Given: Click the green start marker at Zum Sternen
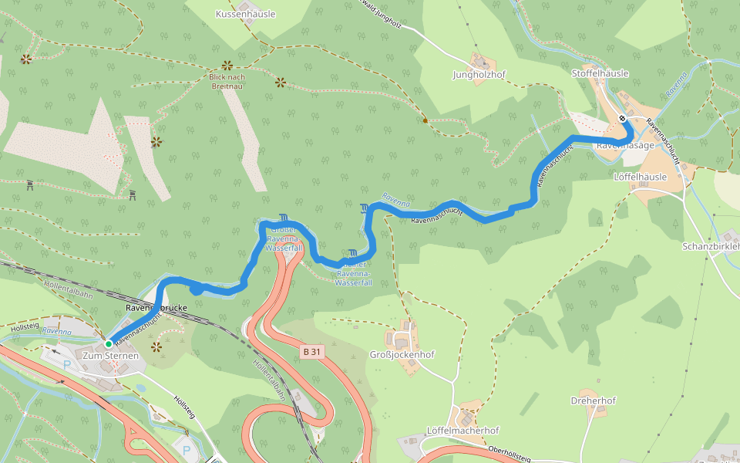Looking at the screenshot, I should [109, 343].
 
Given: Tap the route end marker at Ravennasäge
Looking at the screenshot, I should [622, 118].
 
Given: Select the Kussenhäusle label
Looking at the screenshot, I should [245, 14].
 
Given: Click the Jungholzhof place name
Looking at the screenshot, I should [478, 75].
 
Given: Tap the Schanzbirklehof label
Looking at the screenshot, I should [711, 246].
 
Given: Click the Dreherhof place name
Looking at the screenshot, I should [593, 400].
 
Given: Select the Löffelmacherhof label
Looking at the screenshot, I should [462, 430].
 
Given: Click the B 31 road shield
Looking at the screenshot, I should [311, 352].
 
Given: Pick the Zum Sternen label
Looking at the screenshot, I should [110, 356].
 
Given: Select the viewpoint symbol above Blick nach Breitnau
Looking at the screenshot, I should [227, 66].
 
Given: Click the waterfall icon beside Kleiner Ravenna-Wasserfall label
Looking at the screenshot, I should [352, 253].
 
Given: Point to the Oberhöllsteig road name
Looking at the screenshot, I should [509, 453].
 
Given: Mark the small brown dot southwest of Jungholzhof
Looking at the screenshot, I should [425, 120].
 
